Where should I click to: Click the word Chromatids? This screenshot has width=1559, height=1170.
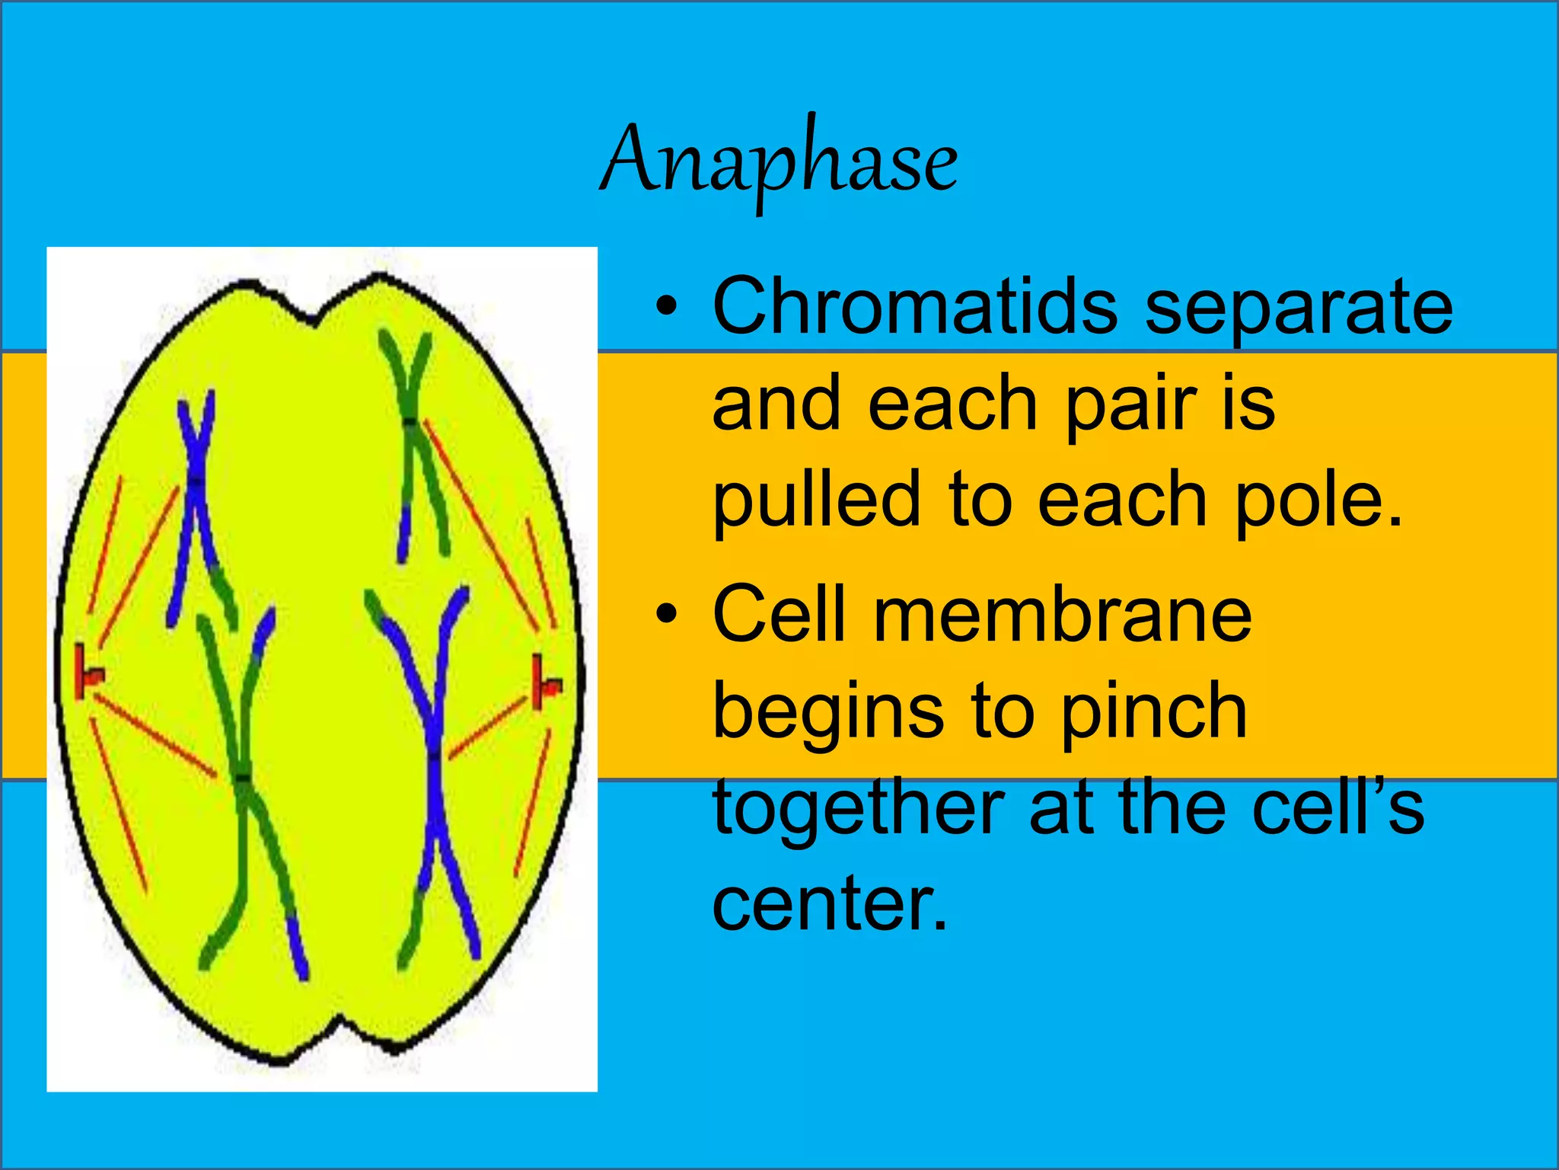[x=914, y=306]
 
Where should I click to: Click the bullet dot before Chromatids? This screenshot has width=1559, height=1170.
[x=666, y=306]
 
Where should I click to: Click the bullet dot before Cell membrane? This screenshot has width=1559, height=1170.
[x=666, y=613]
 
